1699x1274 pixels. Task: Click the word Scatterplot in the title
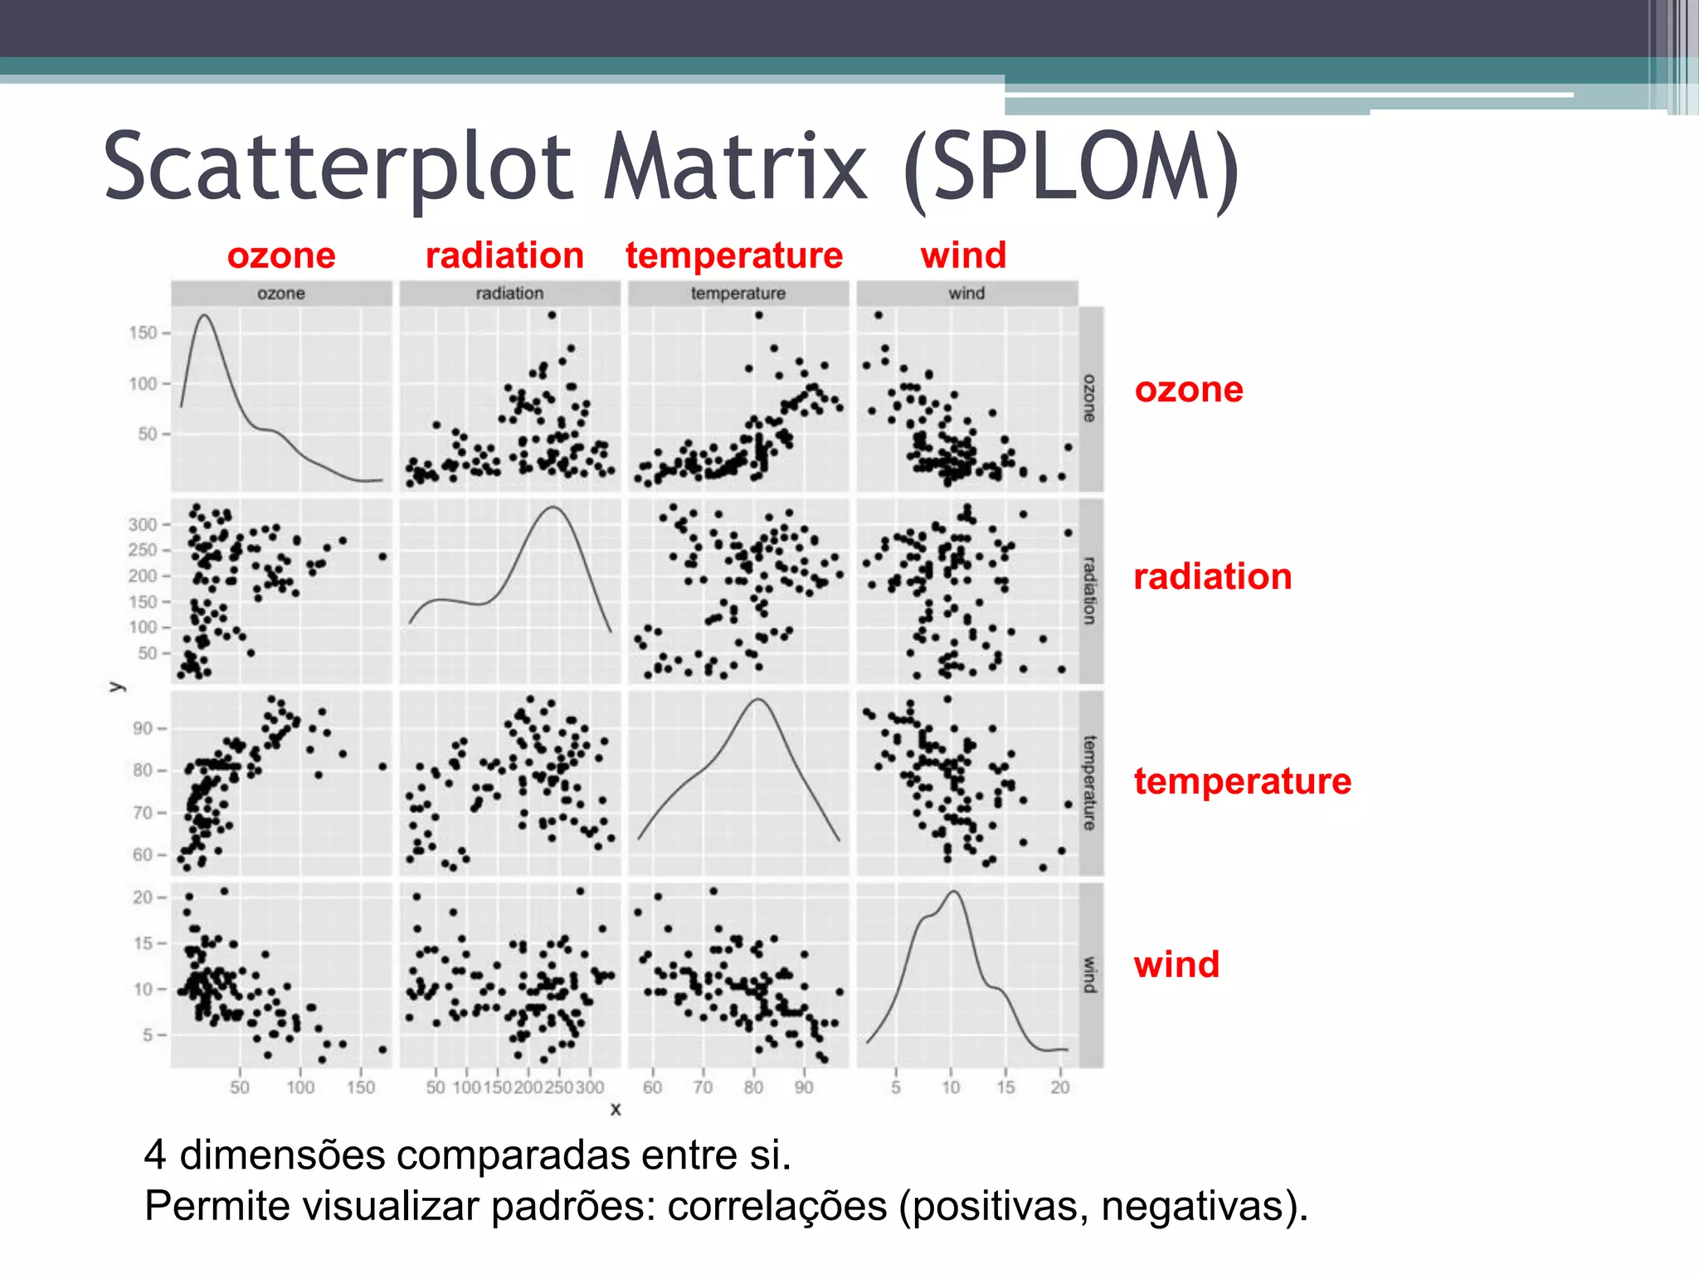[338, 168]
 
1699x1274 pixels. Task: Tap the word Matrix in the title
[736, 168]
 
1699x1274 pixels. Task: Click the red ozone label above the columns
[281, 255]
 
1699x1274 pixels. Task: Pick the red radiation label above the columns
[504, 255]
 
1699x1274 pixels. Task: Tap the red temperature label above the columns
[734, 255]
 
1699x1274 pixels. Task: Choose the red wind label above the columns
[963, 255]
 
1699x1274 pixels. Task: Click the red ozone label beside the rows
[1189, 390]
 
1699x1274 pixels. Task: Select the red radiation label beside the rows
[1213, 576]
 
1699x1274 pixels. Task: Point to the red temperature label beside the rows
[1243, 781]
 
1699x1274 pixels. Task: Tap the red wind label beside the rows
[1176, 965]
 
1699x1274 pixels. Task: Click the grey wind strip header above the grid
[966, 294]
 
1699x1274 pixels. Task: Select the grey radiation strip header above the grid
[509, 294]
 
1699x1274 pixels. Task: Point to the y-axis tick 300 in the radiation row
[142, 524]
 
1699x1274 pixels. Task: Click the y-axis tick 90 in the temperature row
[143, 728]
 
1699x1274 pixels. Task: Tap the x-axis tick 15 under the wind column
[1005, 1087]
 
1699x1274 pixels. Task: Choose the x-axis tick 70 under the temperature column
[703, 1087]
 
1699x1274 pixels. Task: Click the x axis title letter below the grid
[616, 1109]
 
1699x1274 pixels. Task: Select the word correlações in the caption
[776, 1206]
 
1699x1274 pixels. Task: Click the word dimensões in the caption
[282, 1155]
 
